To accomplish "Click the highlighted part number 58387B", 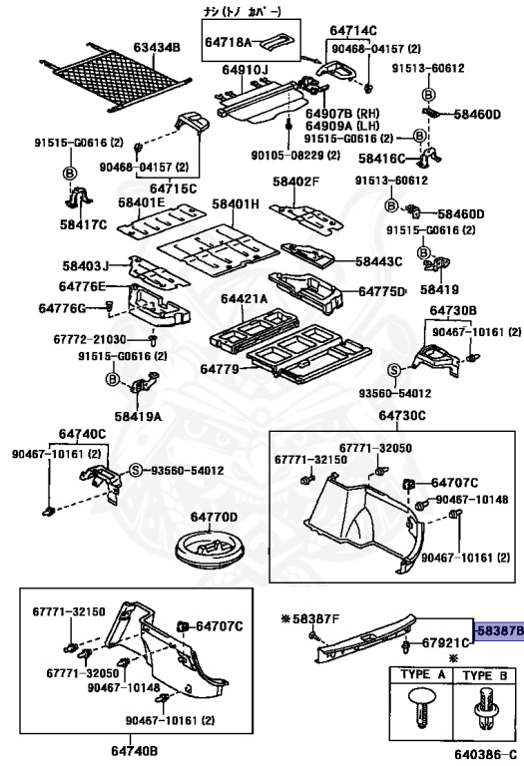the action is click(499, 630).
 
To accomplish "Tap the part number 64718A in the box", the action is click(228, 43).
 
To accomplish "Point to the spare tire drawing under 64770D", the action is click(210, 551).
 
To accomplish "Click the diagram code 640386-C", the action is click(485, 754).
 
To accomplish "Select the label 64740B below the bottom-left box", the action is click(134, 749).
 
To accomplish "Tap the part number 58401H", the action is click(236, 203).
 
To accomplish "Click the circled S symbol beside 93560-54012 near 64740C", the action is click(136, 470).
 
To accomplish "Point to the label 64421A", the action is click(245, 298).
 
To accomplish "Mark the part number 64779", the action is click(220, 369).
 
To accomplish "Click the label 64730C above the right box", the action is click(402, 416).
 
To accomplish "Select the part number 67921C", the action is click(445, 643).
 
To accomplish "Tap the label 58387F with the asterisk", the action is click(310, 619).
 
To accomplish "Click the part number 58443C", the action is click(379, 262).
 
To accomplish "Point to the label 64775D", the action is click(382, 291).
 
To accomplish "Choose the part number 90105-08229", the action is click(294, 156).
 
